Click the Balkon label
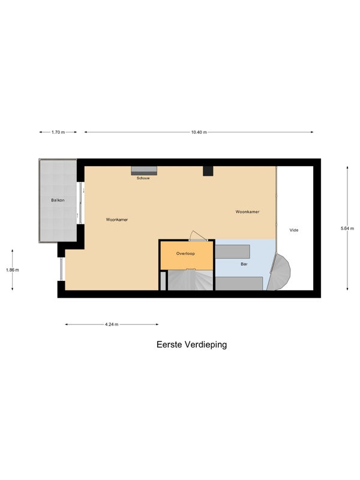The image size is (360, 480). [x=58, y=200]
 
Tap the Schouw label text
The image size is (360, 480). [x=143, y=178]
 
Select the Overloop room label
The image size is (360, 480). [x=185, y=253]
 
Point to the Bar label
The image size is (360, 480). [x=244, y=264]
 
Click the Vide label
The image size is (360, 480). [x=294, y=230]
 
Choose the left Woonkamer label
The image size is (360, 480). [x=117, y=220]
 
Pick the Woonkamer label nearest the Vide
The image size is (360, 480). [x=248, y=212]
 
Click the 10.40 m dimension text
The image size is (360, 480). [x=199, y=132]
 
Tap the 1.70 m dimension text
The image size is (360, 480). [x=58, y=132]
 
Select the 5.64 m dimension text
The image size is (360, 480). [x=347, y=228]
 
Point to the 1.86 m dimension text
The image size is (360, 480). [x=13, y=270]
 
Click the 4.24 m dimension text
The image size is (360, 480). [x=112, y=325]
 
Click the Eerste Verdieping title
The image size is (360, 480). [x=191, y=344]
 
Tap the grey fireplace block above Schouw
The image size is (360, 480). [x=144, y=171]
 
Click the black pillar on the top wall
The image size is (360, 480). [x=208, y=171]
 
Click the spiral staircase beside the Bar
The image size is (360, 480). [x=279, y=272]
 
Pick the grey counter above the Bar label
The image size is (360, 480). [x=233, y=251]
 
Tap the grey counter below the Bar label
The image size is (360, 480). [x=239, y=283]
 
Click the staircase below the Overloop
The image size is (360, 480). [x=190, y=280]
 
